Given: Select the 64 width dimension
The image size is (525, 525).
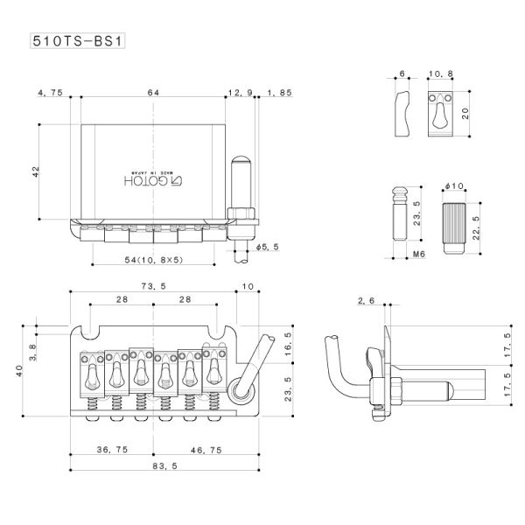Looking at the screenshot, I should (x=153, y=92).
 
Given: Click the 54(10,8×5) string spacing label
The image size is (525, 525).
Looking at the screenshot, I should (x=153, y=260).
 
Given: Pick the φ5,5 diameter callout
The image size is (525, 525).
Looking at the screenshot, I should (x=267, y=247).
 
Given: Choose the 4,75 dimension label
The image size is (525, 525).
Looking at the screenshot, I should (x=51, y=92).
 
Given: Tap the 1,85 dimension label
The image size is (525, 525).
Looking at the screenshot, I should (x=281, y=92).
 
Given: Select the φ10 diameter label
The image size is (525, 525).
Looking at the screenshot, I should (x=454, y=188).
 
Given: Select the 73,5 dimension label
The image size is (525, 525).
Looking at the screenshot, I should (x=152, y=286).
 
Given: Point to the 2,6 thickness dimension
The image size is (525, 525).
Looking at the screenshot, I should (x=366, y=301).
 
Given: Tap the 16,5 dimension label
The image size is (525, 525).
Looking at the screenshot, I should (x=289, y=347).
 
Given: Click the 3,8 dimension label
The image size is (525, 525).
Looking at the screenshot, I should (x=35, y=351).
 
